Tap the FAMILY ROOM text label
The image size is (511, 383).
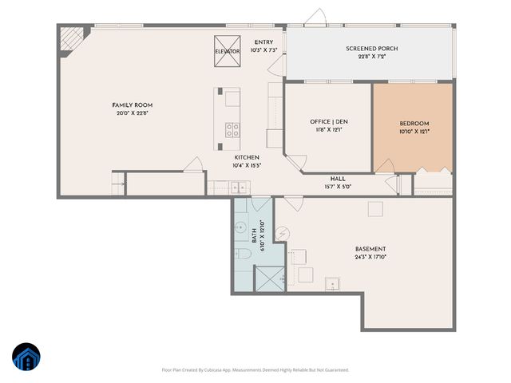132,105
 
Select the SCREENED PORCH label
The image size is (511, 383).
371,49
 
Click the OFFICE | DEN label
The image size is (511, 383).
329,121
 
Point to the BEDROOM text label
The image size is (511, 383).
414,123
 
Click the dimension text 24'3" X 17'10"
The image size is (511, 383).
370,257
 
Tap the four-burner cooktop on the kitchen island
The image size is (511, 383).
232,129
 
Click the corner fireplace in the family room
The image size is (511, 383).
73,38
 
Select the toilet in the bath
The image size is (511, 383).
244,252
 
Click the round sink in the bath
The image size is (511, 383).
241,227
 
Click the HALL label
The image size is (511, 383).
338,178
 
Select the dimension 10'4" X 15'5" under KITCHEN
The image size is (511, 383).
247,165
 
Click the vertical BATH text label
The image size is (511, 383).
255,235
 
